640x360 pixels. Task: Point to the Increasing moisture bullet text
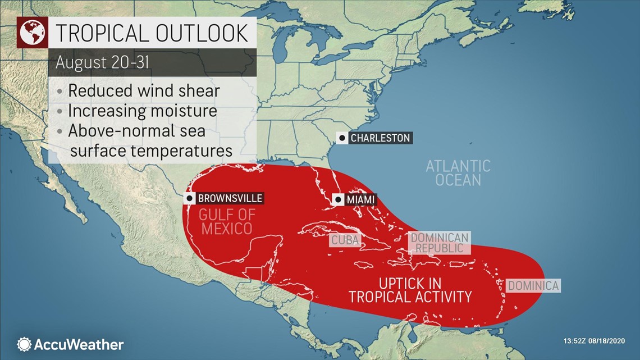pyautogui.click(x=142, y=111)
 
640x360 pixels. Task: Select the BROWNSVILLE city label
pyautogui.click(x=230, y=198)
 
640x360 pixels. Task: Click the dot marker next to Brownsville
pyautogui.click(x=190, y=198)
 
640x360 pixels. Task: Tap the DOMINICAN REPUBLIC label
pyautogui.click(x=440, y=243)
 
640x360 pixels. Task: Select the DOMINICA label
pyautogui.click(x=533, y=286)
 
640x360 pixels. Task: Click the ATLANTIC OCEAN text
pyautogui.click(x=458, y=173)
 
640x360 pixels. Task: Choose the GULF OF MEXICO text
pyautogui.click(x=225, y=221)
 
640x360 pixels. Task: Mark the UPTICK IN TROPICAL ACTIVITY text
pyautogui.click(x=410, y=289)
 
